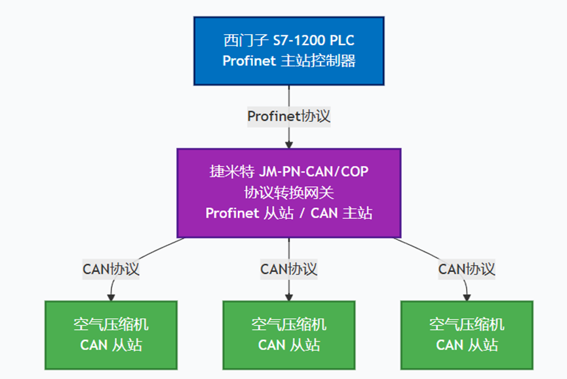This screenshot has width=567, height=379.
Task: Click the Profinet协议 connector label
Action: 288,116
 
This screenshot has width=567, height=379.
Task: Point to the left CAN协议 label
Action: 111,269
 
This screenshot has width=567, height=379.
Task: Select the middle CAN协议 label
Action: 288,269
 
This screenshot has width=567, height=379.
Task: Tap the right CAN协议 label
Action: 467,269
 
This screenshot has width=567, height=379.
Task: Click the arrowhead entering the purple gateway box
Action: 288,144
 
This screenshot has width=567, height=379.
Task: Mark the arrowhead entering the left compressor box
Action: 113,296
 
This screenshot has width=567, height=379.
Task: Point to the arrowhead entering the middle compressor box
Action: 288,296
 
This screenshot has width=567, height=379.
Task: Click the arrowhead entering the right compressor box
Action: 465,296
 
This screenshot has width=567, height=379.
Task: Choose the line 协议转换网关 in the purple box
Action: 288,193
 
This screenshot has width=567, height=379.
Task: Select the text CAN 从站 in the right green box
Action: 467,345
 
